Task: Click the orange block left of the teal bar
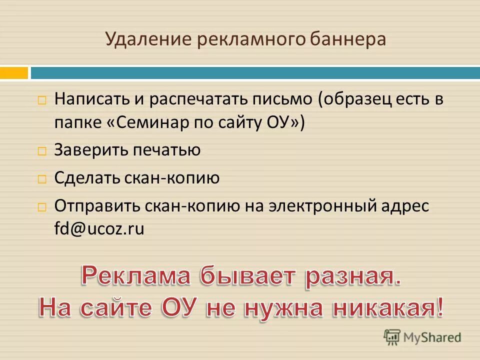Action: click(x=13, y=73)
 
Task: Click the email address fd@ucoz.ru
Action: click(x=99, y=229)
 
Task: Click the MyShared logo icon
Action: click(x=392, y=337)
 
